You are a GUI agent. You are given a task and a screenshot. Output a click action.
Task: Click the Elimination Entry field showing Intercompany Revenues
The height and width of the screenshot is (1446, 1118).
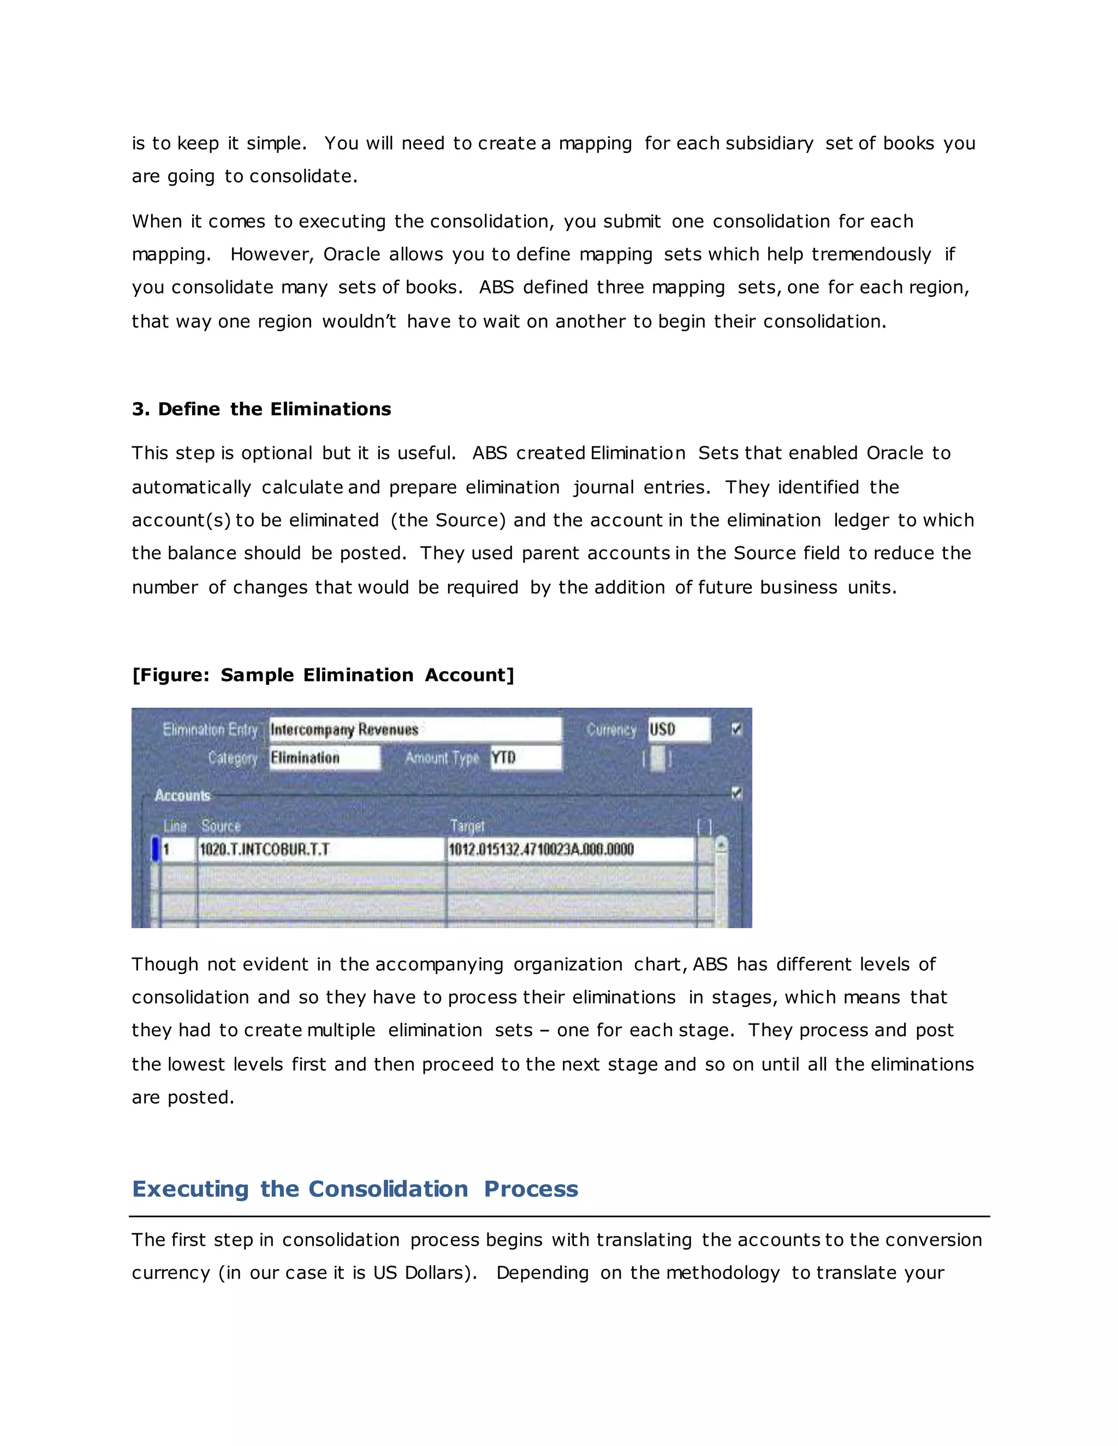415,730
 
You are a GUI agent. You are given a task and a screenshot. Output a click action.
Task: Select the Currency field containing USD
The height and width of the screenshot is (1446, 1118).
678,730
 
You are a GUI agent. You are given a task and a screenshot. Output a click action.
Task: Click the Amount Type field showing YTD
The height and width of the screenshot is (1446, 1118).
525,758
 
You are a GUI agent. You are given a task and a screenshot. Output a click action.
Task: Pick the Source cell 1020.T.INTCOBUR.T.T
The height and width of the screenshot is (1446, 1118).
321,850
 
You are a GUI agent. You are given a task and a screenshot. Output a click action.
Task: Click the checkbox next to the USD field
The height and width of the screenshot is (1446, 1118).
736,729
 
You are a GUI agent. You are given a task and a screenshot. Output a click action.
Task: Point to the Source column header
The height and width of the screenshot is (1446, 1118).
221,826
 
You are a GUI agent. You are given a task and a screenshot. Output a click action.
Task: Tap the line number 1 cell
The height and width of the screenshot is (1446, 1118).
177,850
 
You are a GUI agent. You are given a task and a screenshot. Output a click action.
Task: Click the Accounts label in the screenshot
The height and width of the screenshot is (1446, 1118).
182,795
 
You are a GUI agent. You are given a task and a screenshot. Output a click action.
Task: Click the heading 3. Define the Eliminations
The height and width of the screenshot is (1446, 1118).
261,409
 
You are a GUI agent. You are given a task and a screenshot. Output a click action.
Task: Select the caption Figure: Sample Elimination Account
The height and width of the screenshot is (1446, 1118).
323,676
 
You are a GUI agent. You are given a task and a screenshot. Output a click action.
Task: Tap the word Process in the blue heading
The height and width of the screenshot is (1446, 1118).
531,1189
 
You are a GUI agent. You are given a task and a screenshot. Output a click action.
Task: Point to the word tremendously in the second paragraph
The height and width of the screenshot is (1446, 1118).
871,255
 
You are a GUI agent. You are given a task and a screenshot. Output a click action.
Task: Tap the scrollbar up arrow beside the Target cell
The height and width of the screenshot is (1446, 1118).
721,844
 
